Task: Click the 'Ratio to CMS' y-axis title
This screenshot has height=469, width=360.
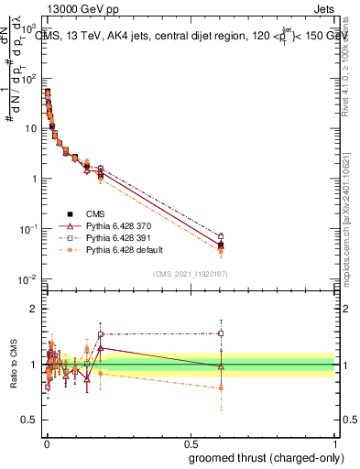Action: (14, 364)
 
